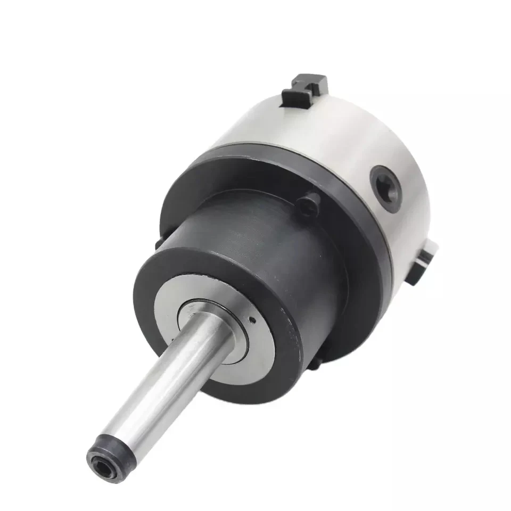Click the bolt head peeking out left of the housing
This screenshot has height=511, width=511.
pyautogui.click(x=158, y=243)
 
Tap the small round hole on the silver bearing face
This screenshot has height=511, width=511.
pyautogui.click(x=252, y=320)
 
